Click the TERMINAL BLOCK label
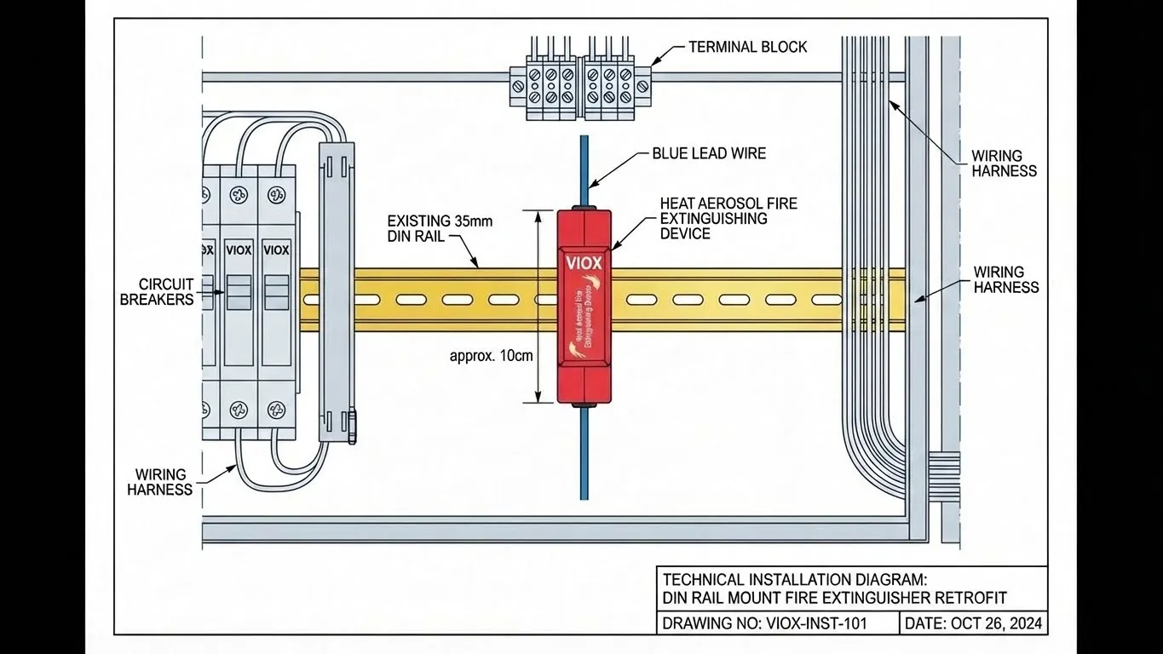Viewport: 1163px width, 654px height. point(747,47)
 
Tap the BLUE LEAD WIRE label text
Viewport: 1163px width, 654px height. point(709,153)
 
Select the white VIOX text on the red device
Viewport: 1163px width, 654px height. point(584,261)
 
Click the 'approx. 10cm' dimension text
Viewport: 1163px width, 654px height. point(491,355)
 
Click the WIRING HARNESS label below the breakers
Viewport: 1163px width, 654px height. point(160,481)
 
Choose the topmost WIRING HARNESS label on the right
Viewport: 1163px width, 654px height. point(1004,163)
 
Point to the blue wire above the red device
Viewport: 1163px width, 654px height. point(584,170)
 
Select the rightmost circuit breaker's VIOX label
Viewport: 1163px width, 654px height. point(277,250)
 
